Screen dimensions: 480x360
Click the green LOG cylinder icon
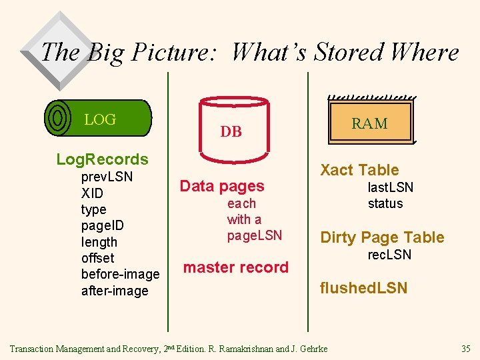tap(98, 118)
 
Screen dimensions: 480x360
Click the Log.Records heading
tap(102, 159)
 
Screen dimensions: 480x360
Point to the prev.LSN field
tap(107, 177)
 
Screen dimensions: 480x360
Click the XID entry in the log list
tap(93, 193)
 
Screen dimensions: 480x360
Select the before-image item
tap(120, 274)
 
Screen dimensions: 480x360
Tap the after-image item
tap(114, 291)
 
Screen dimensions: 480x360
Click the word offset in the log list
tap(97, 258)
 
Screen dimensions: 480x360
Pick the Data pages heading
tap(222, 186)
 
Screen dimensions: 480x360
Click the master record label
tap(235, 267)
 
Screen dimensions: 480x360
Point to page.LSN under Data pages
tap(255, 235)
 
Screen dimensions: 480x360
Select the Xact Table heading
tap(359, 170)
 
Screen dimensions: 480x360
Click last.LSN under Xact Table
tap(390, 187)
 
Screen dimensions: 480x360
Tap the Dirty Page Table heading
tap(382, 237)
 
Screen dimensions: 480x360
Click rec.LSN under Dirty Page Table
tap(390, 255)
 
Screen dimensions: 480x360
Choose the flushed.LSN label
tap(363, 288)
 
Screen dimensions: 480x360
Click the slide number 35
tap(465, 349)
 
